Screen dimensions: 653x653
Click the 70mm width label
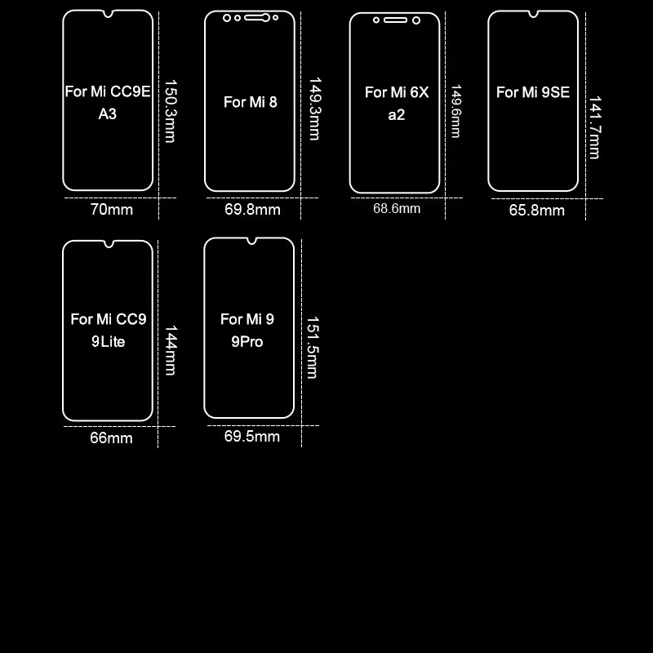coord(111,210)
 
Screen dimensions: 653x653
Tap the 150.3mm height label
coord(170,110)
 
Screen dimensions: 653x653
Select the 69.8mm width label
coord(252,210)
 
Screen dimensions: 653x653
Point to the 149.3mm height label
coord(313,109)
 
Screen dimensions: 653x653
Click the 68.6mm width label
coord(397,208)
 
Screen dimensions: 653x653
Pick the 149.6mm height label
coord(455,111)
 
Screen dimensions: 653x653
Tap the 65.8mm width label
coord(537,210)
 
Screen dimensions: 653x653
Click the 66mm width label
coord(111,438)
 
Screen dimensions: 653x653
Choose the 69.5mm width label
coord(252,437)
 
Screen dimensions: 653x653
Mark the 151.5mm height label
coord(311,348)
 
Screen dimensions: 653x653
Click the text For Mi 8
coord(251,102)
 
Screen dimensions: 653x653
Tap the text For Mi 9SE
coord(533,92)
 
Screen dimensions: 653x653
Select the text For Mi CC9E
coord(108,91)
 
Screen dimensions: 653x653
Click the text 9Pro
coord(247,342)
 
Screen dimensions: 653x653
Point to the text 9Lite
coord(108,342)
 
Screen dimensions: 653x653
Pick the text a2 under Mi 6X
coord(396,115)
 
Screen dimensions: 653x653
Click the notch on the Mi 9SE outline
coord(533,14)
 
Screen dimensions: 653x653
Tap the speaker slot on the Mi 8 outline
coord(257,17)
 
